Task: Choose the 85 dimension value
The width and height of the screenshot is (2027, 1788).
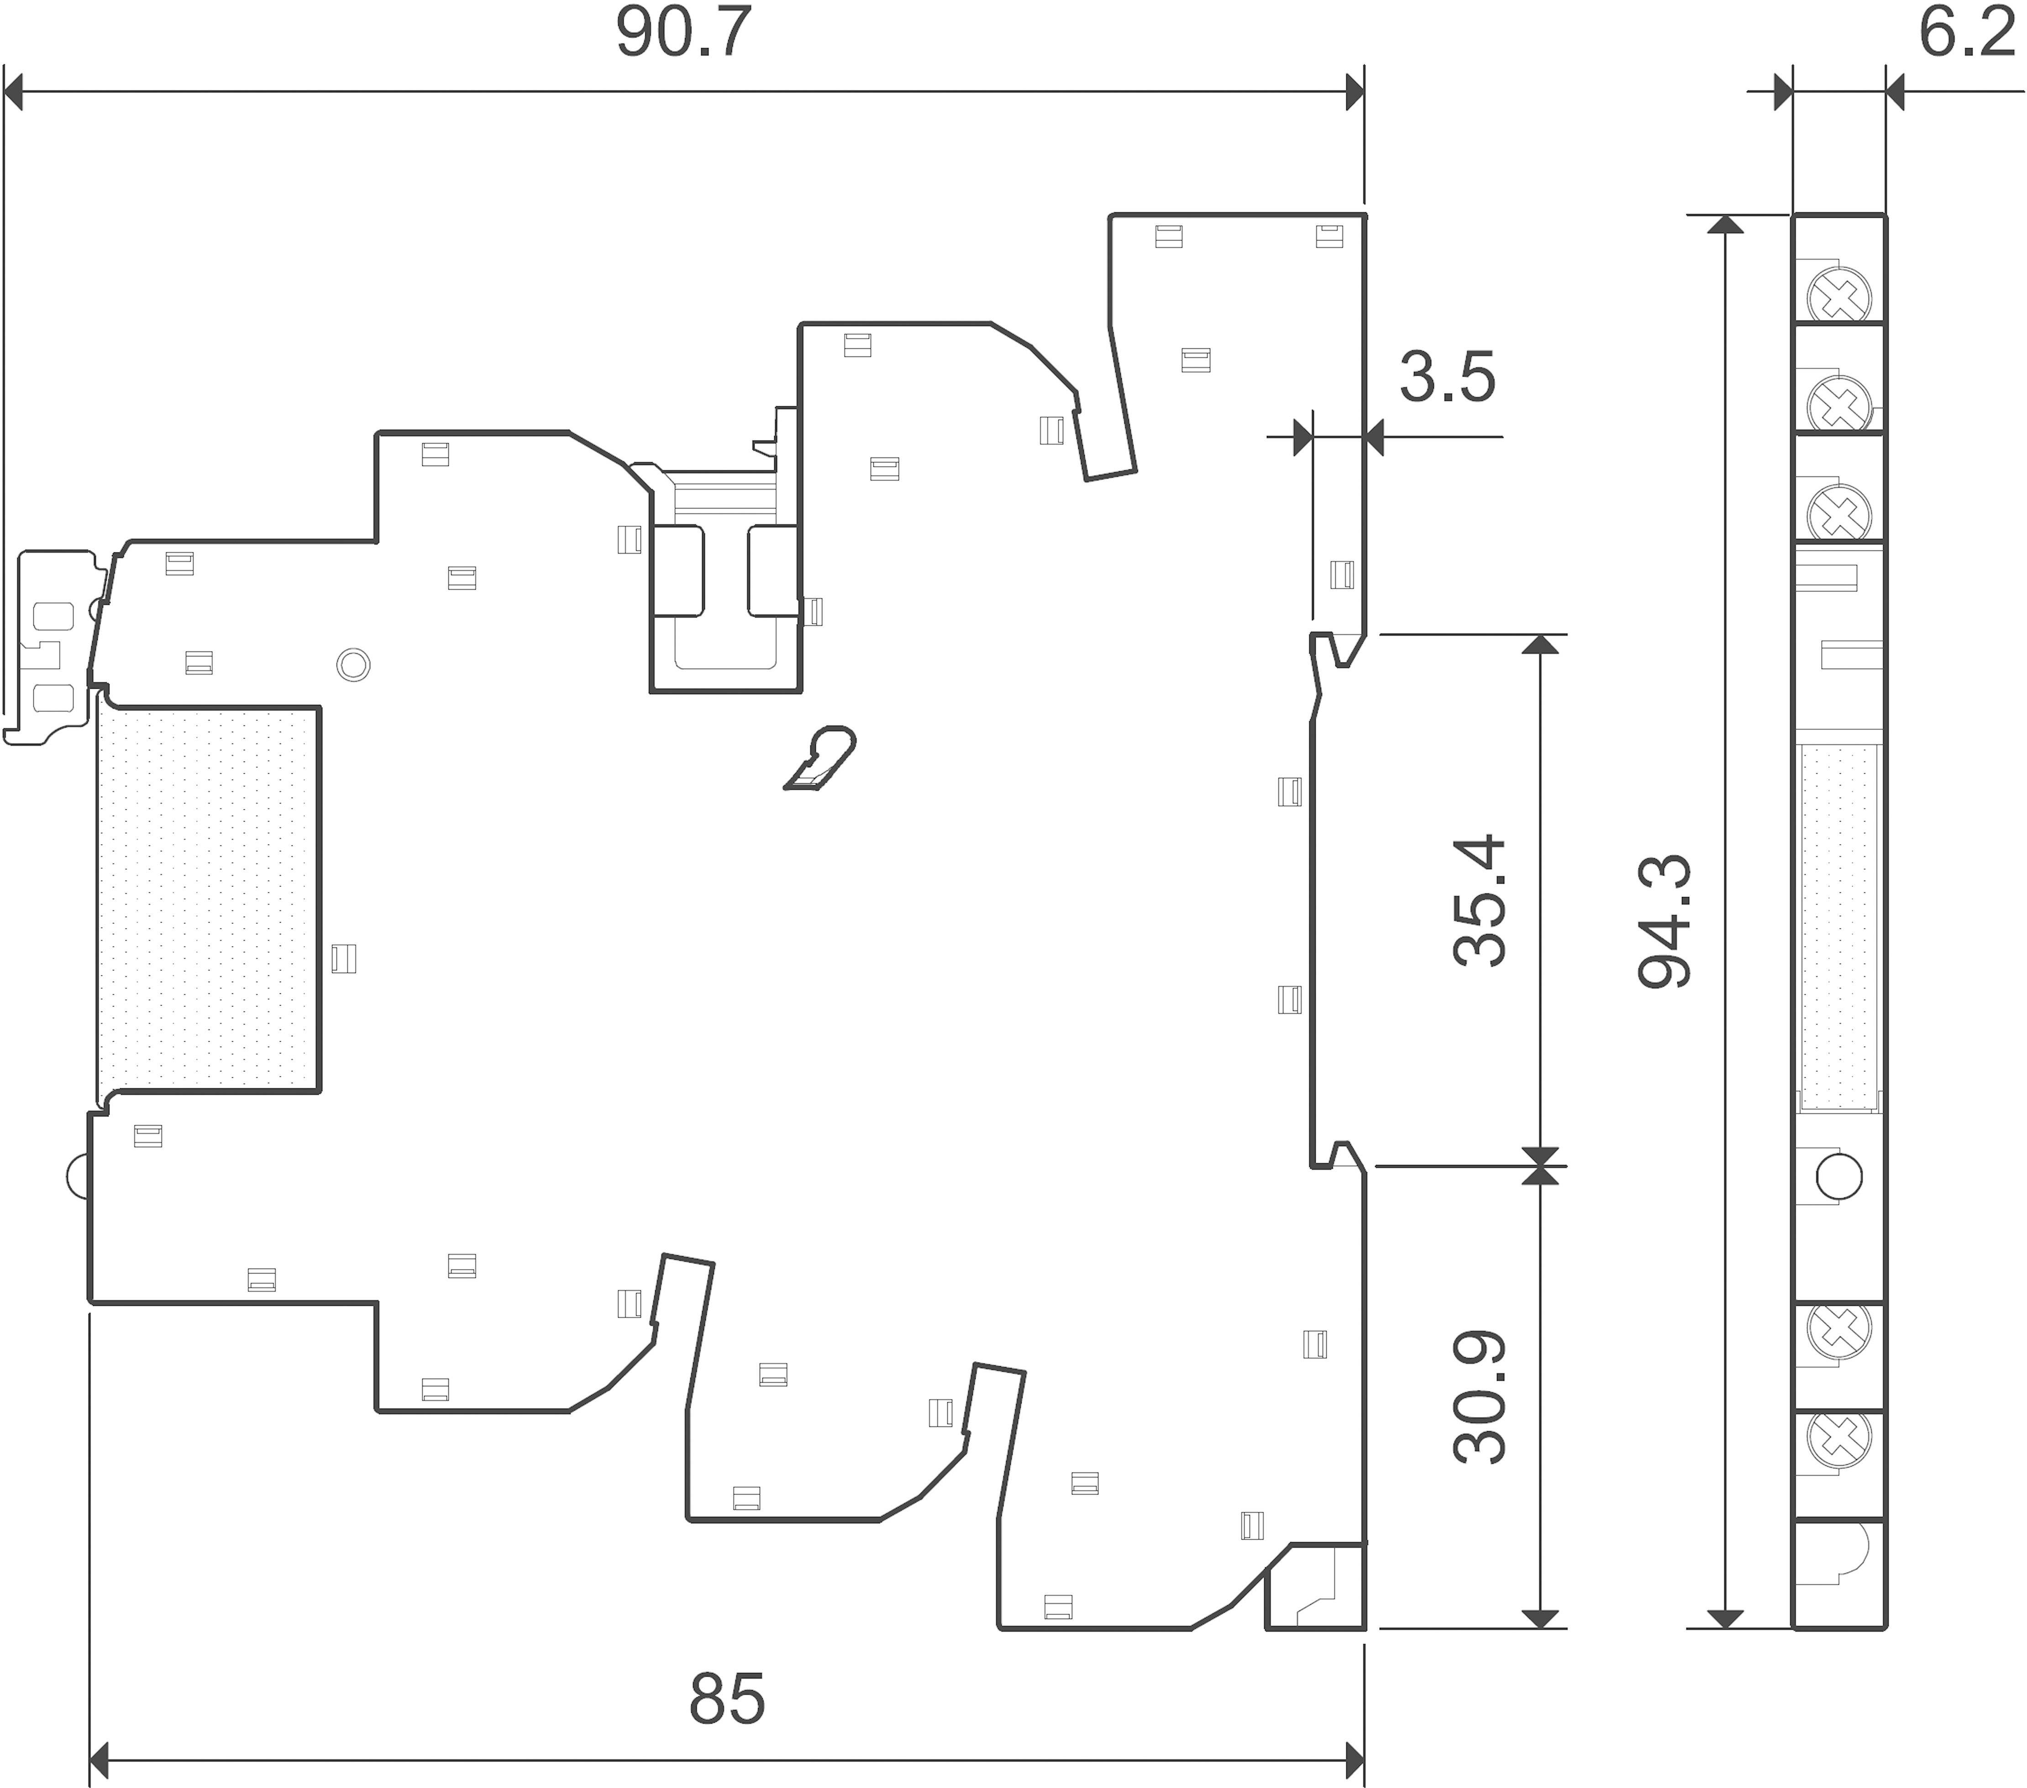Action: coord(727,1699)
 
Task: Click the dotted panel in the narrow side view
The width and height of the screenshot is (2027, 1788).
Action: coord(1839,927)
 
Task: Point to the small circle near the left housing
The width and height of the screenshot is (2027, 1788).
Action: coord(353,663)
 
